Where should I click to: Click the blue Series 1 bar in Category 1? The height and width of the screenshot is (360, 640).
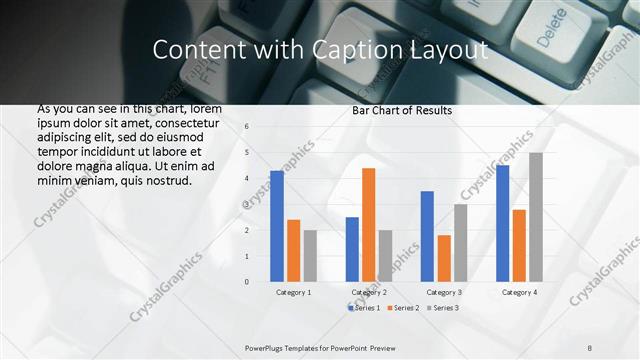tap(277, 226)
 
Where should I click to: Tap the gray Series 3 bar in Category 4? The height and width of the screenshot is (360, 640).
tap(536, 217)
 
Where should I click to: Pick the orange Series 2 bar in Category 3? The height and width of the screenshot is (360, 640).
tap(443, 258)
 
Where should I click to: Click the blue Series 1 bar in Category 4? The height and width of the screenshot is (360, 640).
tap(502, 223)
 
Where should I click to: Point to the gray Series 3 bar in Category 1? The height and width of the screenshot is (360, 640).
tap(310, 256)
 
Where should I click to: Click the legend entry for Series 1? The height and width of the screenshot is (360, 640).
tap(364, 307)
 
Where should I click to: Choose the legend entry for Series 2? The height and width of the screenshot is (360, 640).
tap(403, 307)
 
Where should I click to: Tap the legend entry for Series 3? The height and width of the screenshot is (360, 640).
tap(442, 307)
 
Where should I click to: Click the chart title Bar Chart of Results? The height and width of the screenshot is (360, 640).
tap(402, 110)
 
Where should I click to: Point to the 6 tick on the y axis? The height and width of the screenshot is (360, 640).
tap(246, 127)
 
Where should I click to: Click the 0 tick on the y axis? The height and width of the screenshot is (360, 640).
tap(246, 282)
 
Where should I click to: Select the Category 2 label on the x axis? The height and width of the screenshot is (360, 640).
tap(369, 292)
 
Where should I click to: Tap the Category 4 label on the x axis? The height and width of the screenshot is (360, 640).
tap(518, 292)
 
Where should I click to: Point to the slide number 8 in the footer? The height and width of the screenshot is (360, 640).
tap(590, 347)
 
